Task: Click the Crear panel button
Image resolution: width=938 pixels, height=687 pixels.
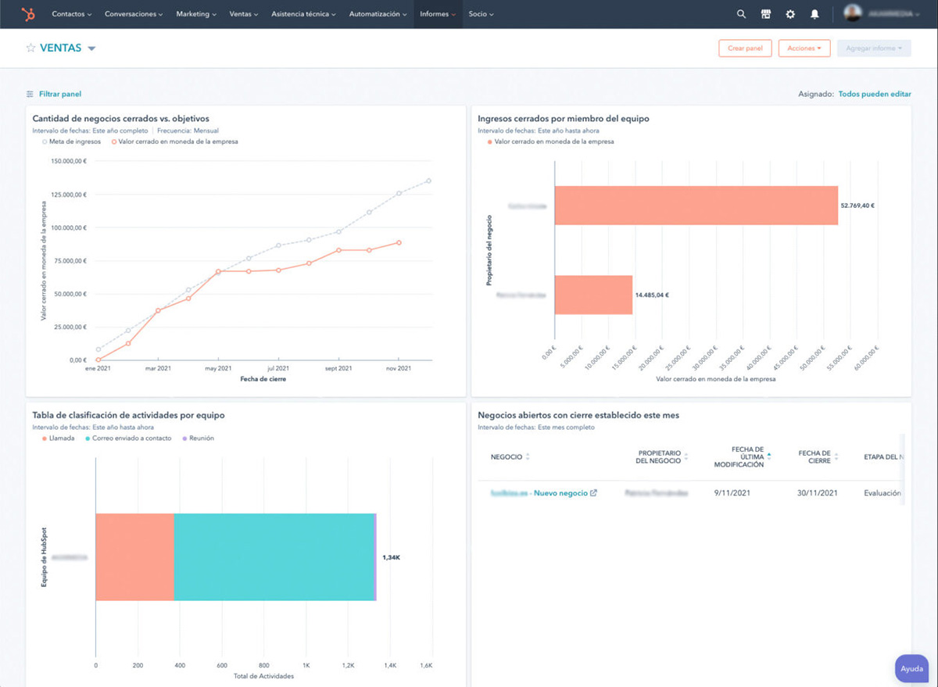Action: (745, 48)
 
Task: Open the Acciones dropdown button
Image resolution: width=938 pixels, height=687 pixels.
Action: (804, 48)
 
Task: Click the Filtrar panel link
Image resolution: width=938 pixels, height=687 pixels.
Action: (59, 94)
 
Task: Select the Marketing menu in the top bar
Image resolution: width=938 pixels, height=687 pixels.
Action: (195, 14)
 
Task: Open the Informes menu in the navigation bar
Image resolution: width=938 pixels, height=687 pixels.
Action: (437, 14)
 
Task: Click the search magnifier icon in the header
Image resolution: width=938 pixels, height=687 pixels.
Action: (742, 14)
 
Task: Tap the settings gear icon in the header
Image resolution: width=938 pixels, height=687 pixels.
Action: (790, 14)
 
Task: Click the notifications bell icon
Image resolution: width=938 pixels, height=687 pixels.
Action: (814, 14)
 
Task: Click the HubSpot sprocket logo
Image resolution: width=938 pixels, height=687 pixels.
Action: (28, 14)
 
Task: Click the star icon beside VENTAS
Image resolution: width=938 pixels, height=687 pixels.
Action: (31, 48)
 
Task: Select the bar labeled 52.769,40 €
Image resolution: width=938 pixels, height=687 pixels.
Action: (696, 206)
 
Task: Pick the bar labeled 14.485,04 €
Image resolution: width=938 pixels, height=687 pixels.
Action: (593, 295)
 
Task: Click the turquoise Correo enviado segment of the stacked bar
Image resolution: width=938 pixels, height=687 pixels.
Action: (274, 557)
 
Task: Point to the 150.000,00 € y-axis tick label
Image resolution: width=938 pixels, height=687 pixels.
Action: (68, 161)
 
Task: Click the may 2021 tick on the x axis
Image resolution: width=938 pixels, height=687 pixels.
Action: (218, 367)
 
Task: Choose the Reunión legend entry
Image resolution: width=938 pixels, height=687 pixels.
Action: (201, 438)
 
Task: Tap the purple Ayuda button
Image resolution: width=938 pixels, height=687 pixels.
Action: (911, 669)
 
